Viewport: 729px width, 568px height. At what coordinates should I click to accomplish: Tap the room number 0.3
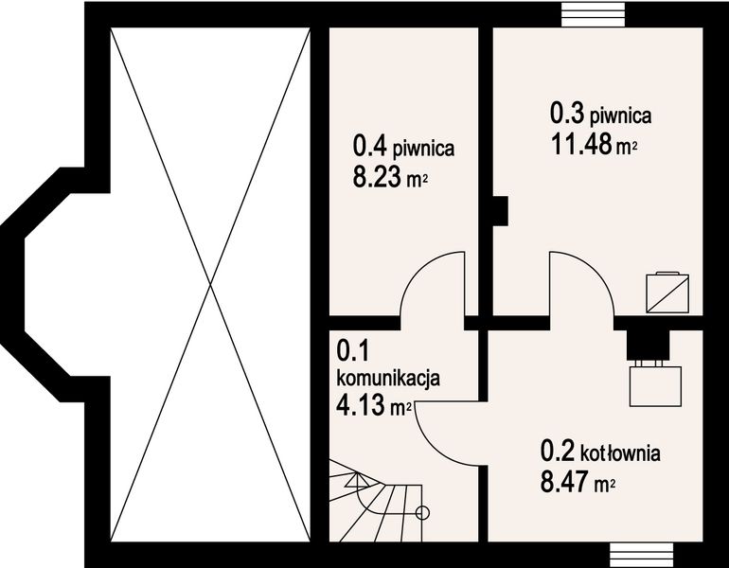pos(567,115)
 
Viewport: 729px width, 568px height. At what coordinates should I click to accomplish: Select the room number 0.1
pos(352,351)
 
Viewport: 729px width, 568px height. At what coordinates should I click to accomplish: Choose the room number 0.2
pos(556,451)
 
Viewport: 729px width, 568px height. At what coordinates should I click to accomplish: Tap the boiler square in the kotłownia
pos(656,385)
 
